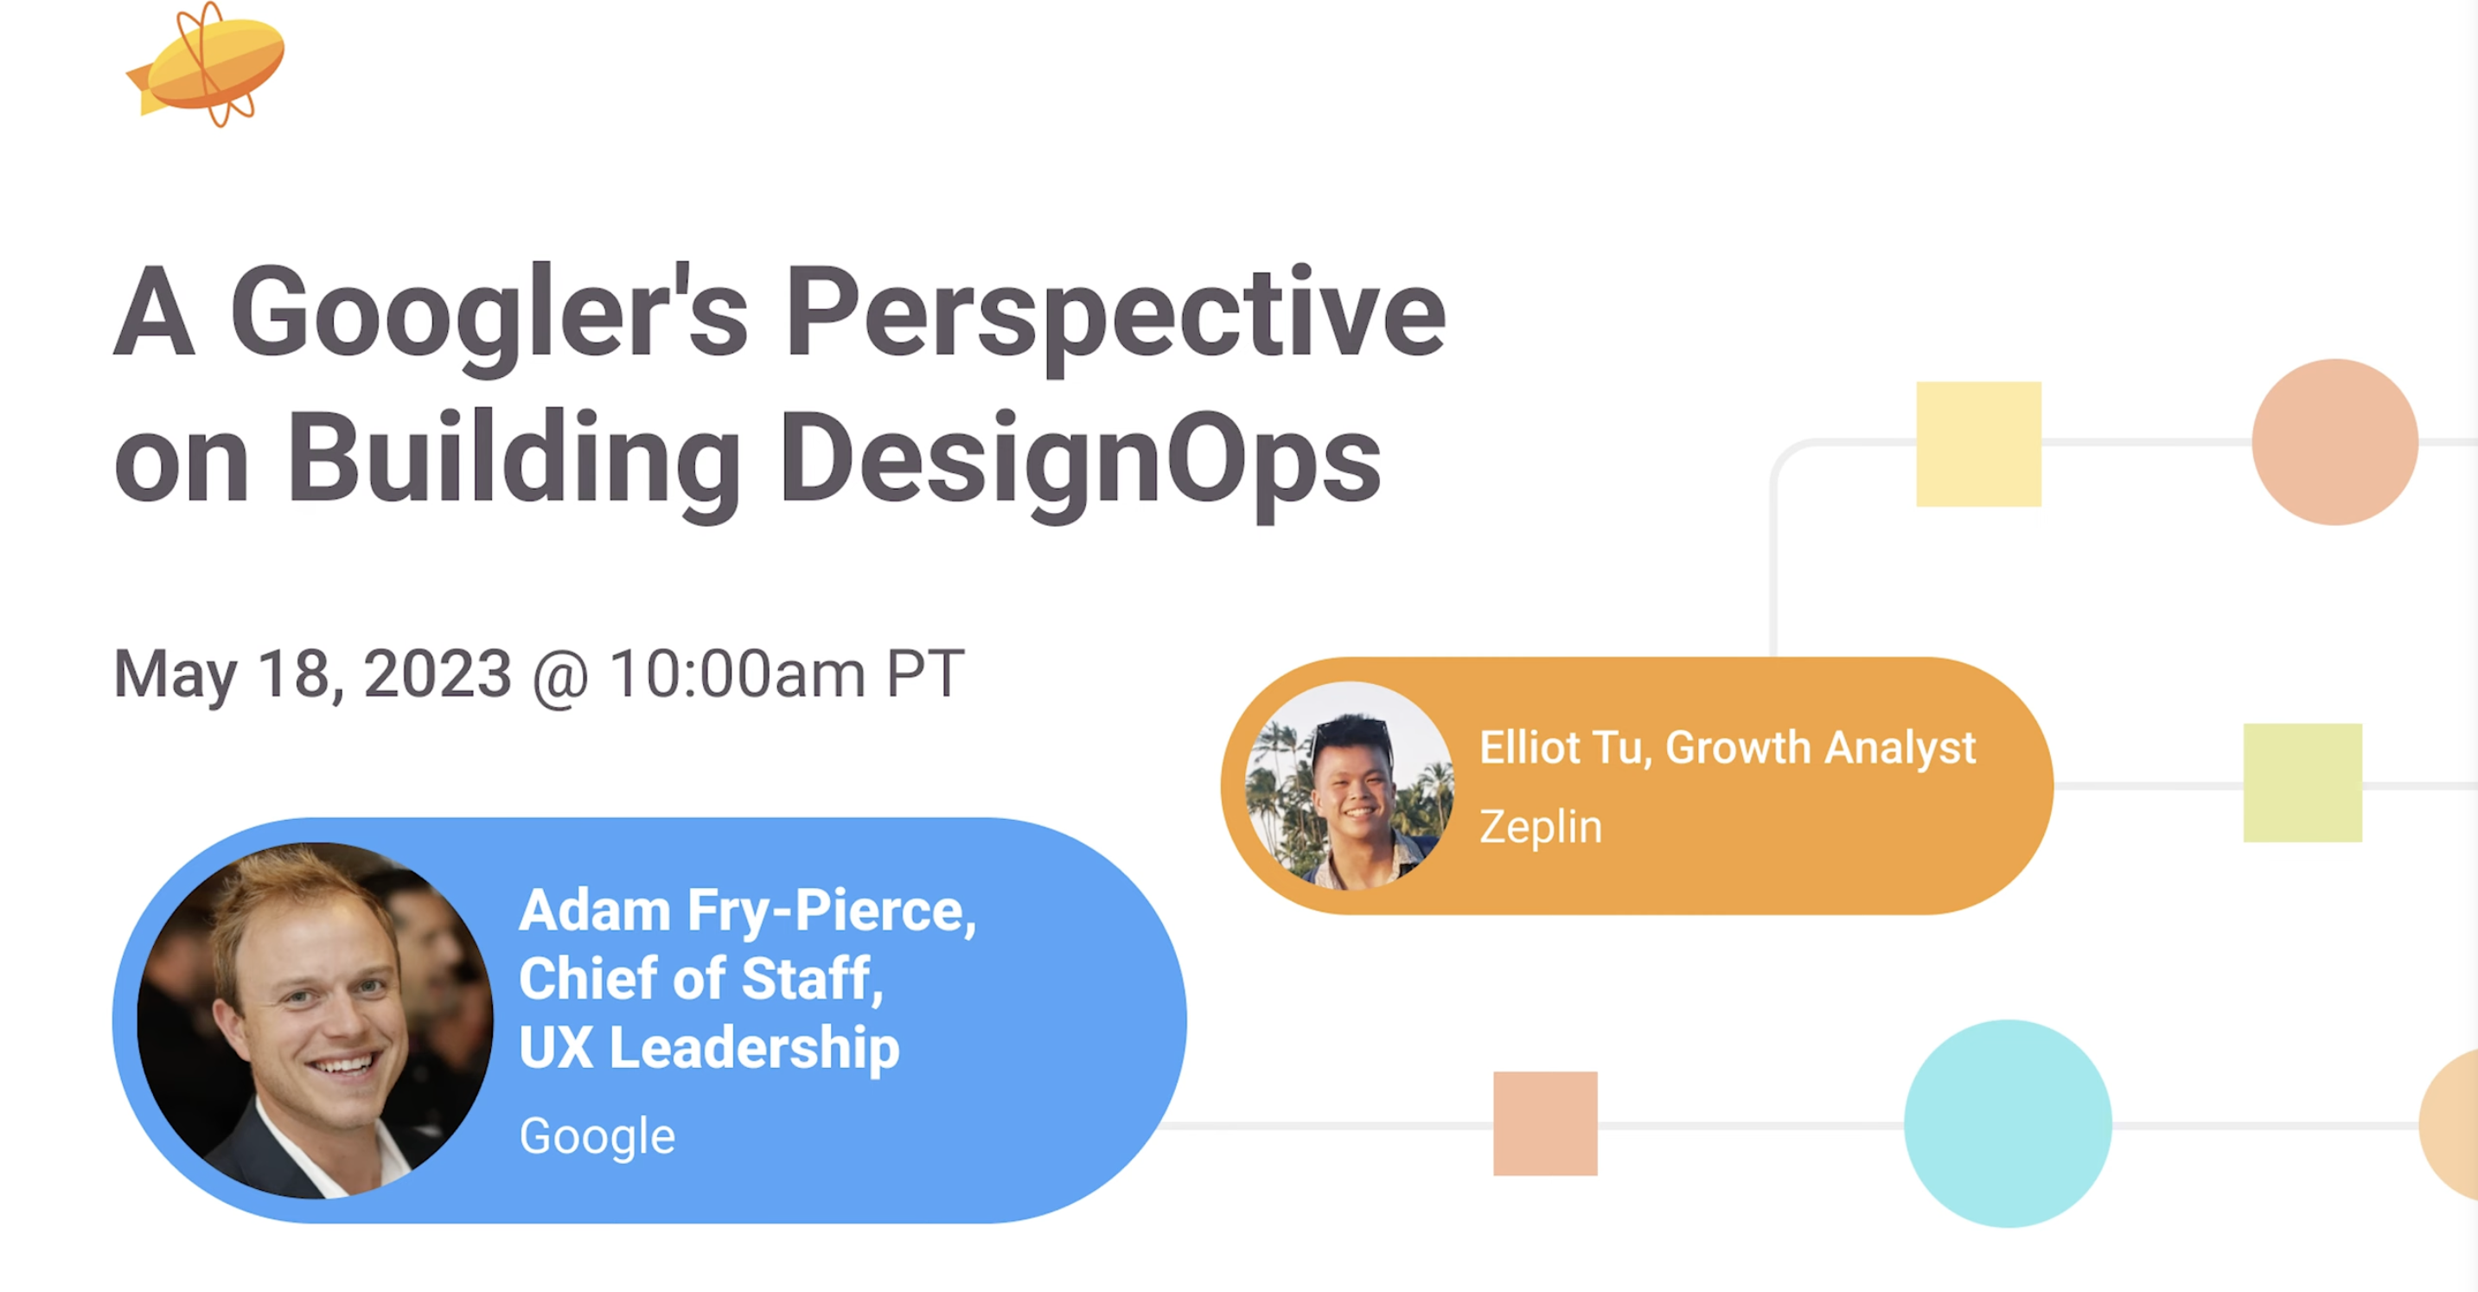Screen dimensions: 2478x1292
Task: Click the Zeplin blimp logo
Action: point(207,66)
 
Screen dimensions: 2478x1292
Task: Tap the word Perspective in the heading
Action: point(1116,317)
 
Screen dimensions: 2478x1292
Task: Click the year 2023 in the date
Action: point(437,674)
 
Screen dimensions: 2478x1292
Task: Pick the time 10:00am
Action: point(738,674)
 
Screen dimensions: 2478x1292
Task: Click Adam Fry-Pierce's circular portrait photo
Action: point(316,1020)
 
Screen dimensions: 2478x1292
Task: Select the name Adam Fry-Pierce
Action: point(747,910)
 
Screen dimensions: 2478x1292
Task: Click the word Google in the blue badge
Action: point(597,1137)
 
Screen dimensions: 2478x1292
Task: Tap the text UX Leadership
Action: point(709,1047)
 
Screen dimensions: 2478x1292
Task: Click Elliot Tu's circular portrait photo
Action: point(1349,786)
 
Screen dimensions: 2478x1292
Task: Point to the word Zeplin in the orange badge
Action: point(1541,828)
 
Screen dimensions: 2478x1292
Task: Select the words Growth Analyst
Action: point(1821,747)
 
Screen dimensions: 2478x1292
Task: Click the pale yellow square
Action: point(1979,445)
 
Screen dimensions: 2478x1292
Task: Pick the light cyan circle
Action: point(2009,1123)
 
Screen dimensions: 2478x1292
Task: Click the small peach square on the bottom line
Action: point(1546,1123)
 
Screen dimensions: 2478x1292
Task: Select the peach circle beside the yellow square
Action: point(2335,442)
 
